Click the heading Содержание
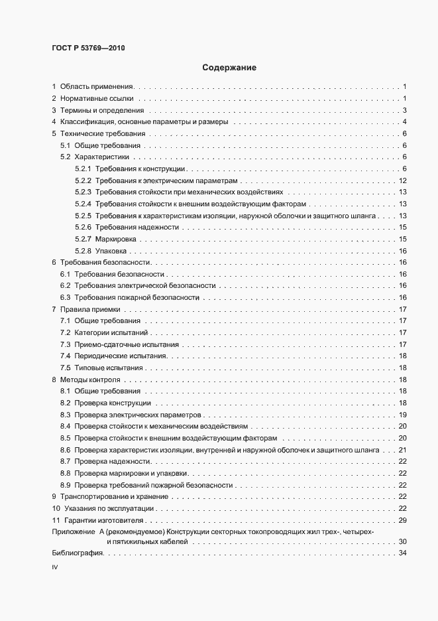tap(229, 68)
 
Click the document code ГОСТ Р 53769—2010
tap(88, 48)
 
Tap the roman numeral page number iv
tap(55, 569)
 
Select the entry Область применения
tap(97, 87)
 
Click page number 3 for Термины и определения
tap(404, 110)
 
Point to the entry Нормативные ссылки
tap(97, 99)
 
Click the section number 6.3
tap(65, 297)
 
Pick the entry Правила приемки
tap(89, 309)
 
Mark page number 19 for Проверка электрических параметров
tap(402, 415)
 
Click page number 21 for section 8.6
tap(402, 450)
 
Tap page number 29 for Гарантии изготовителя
tap(402, 521)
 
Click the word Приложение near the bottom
tap(73, 533)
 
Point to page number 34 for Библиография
tap(402, 554)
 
